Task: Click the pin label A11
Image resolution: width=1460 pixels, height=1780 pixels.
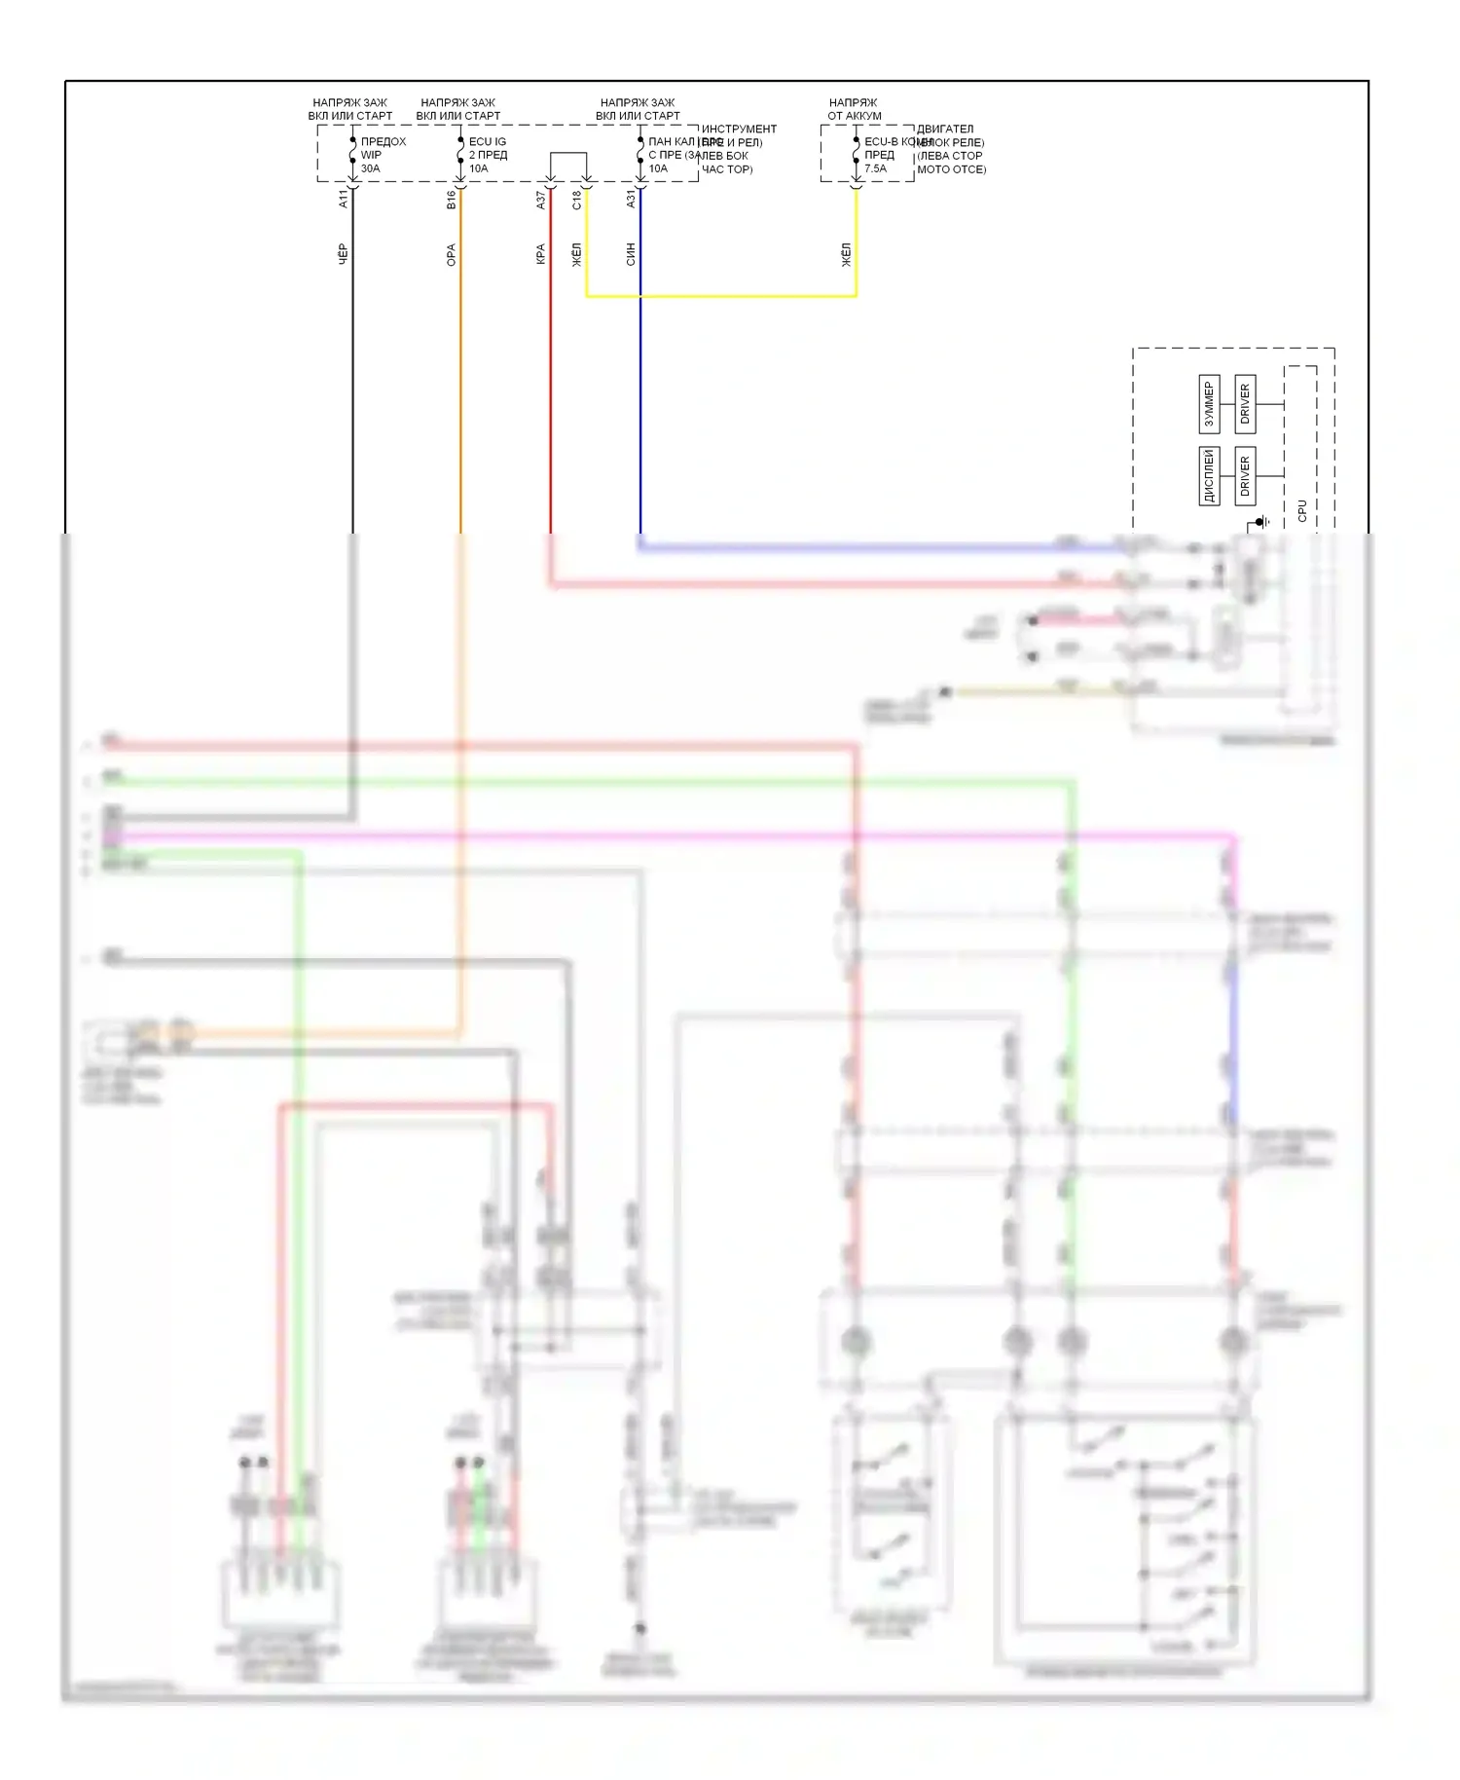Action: click(343, 199)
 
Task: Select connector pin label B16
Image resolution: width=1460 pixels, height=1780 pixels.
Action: click(451, 200)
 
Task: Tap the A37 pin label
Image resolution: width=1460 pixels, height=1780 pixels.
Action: click(541, 200)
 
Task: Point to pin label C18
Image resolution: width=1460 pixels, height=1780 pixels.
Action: click(576, 200)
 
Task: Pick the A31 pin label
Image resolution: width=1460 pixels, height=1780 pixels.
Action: click(631, 199)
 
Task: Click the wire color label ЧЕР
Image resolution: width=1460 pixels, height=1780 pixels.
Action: click(343, 254)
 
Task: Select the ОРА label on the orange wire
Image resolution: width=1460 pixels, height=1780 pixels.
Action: click(451, 255)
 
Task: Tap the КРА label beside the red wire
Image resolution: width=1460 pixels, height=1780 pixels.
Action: click(541, 255)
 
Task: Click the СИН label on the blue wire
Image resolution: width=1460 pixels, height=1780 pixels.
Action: click(631, 254)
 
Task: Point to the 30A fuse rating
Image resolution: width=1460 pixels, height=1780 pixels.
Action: click(370, 168)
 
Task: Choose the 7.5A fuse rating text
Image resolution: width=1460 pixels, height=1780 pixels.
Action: click(875, 168)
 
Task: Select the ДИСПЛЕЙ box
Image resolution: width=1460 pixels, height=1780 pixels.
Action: click(1209, 475)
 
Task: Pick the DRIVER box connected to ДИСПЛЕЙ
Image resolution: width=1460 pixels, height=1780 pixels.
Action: click(1245, 475)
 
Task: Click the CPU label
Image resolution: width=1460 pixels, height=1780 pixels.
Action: click(1302, 510)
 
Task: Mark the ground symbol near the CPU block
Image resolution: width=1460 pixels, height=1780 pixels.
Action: click(1261, 523)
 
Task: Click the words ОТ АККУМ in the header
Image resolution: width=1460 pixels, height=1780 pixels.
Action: click(854, 116)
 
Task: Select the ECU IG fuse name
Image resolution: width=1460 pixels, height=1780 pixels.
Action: click(487, 142)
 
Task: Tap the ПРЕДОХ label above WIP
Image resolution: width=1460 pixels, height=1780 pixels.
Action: click(383, 142)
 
